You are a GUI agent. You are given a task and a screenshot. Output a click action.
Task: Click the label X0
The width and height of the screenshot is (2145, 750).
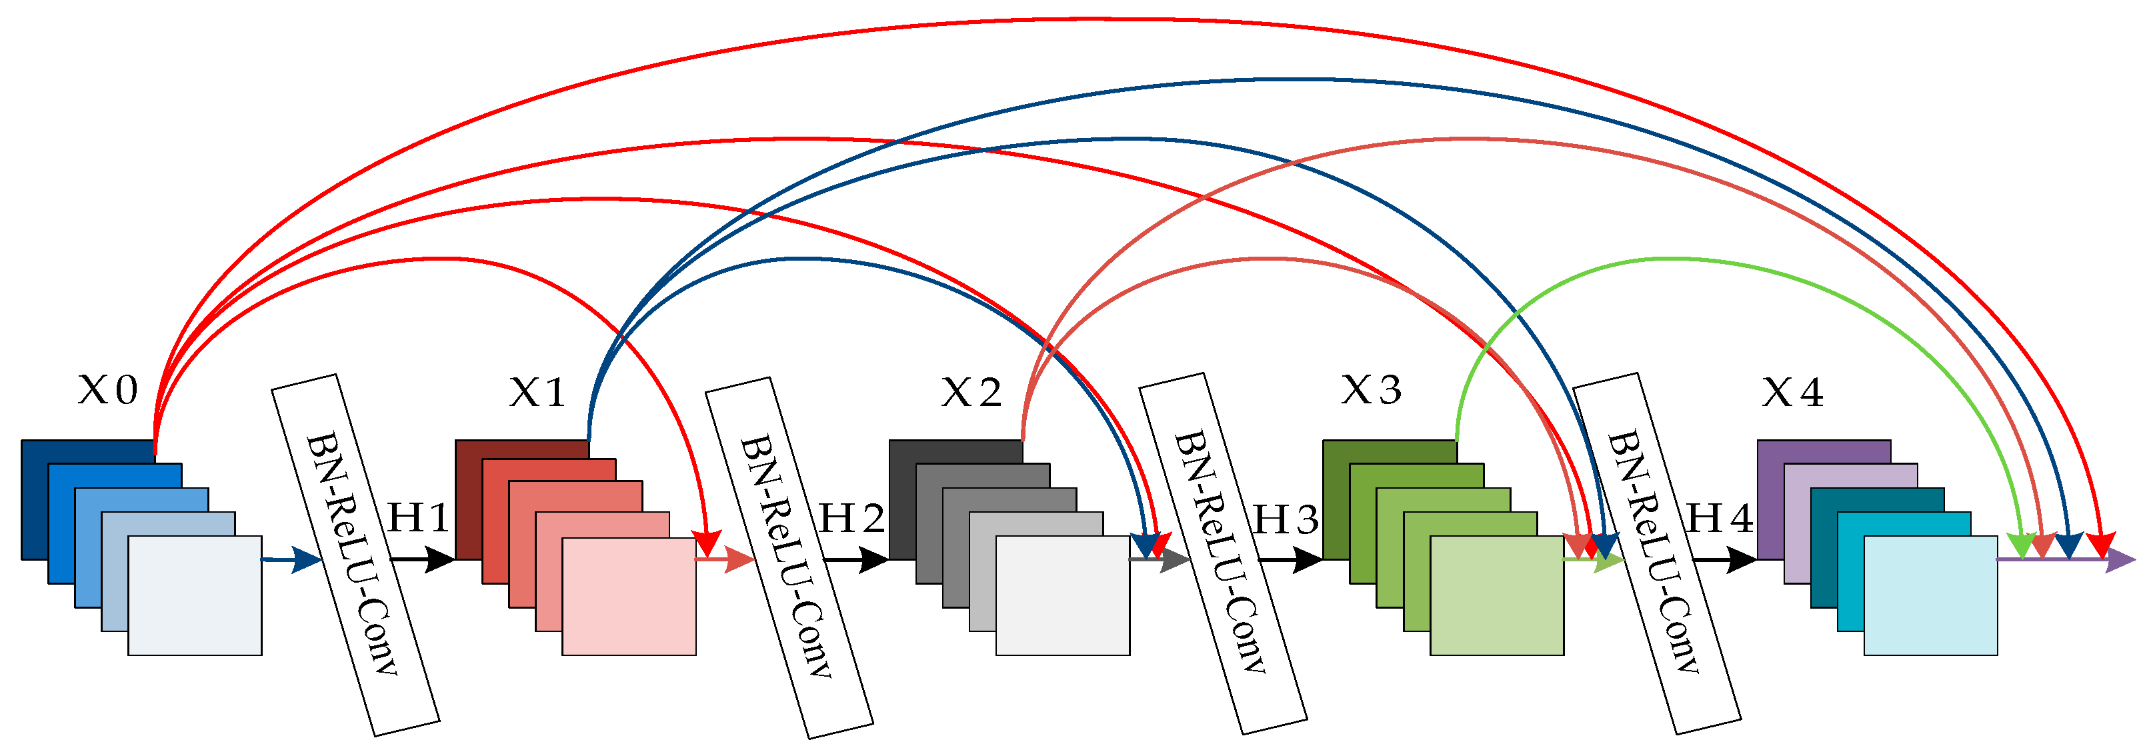(x=107, y=389)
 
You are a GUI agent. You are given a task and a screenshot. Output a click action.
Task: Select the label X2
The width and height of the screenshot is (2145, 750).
(x=971, y=392)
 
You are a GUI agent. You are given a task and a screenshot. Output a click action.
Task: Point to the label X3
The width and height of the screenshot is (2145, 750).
(x=1371, y=389)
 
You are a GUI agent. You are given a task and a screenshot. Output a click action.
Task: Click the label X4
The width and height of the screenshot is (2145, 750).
(x=1792, y=392)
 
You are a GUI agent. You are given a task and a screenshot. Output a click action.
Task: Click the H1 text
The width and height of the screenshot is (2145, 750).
(x=419, y=519)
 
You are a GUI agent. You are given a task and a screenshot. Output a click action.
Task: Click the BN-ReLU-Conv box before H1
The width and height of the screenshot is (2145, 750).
(x=355, y=555)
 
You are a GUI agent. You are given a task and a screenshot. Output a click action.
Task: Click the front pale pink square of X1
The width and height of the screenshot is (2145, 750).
(x=629, y=597)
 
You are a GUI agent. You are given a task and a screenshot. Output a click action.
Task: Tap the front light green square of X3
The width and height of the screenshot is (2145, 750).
(x=1496, y=596)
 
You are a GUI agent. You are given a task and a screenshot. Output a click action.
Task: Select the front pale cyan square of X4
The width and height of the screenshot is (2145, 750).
(x=1930, y=596)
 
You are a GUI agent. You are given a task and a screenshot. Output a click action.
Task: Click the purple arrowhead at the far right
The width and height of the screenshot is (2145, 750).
(x=2119, y=559)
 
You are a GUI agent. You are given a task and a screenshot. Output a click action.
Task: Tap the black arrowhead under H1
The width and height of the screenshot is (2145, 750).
(x=439, y=559)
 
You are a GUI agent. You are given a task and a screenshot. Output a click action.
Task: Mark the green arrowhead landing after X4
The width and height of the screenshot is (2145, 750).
(x=2022, y=546)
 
